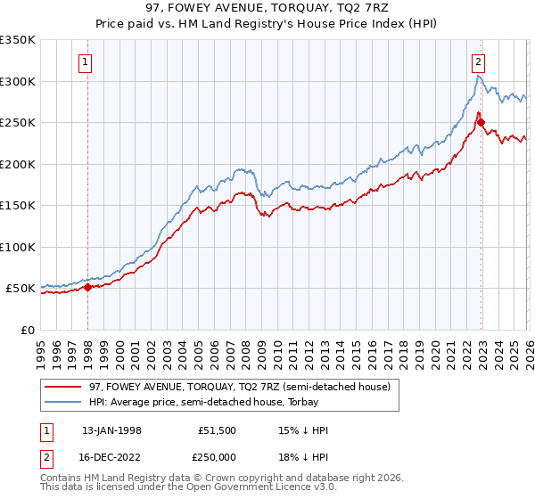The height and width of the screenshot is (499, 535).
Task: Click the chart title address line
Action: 267,7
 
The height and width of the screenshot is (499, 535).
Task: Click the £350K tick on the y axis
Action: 18,40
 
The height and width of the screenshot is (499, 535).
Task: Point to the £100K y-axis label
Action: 18,247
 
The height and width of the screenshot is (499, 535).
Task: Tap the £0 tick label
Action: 27,330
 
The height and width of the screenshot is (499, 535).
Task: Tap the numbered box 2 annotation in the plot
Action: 479,61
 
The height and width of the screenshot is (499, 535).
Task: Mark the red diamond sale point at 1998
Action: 88,287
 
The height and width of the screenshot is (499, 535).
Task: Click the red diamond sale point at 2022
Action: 481,123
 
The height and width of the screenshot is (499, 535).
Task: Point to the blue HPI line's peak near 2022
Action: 478,77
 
